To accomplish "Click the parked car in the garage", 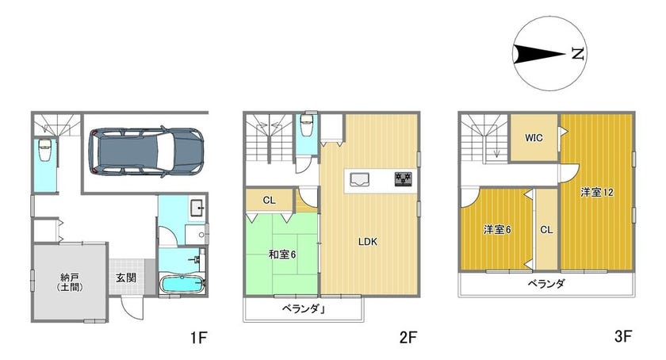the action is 146,151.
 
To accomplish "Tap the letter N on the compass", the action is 577,54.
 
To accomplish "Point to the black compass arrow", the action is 539,54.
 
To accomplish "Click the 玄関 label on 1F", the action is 126,278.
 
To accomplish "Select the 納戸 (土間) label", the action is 70,282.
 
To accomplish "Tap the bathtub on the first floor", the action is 182,284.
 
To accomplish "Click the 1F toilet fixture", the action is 44,150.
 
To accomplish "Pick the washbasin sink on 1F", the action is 197,208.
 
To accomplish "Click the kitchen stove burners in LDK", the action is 403,178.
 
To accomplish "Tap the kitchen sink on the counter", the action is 360,179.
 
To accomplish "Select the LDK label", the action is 368,241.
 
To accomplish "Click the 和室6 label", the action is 282,255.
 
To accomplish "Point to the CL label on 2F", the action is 269,200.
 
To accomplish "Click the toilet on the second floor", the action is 306,125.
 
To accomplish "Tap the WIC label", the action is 534,138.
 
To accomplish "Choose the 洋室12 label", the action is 597,192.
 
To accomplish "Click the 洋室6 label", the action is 497,229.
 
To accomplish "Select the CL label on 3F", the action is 546,229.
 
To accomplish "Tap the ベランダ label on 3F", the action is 546,283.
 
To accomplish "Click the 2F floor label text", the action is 408,337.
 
